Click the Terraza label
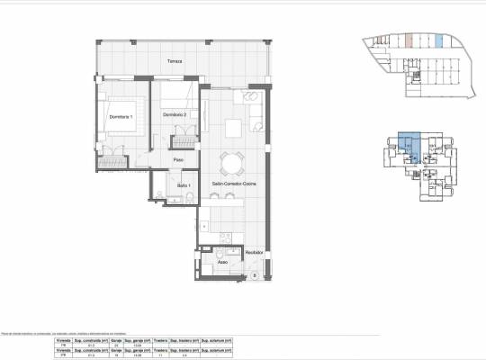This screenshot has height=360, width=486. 175,61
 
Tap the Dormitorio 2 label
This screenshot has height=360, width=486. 175,115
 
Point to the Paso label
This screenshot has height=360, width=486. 179,160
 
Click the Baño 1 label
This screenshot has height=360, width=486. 183,185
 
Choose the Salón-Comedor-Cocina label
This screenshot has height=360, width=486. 233,184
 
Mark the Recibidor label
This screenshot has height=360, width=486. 255,253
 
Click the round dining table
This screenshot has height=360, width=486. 233,163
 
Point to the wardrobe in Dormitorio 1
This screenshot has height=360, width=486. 113,162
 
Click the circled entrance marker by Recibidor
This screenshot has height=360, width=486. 255,274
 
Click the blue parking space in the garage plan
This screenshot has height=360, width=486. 438,40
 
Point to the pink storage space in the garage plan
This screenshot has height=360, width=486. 409,40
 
